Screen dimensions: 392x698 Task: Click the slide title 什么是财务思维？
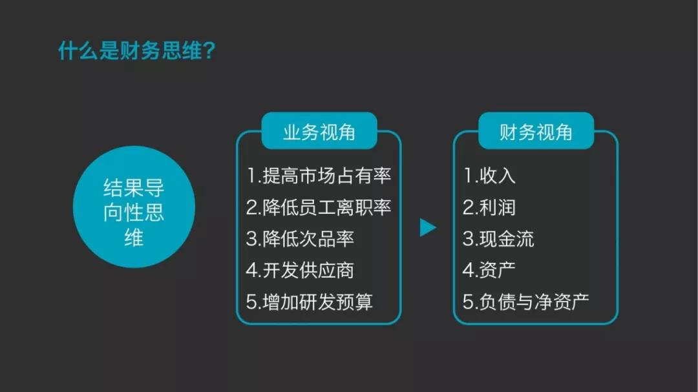tap(136, 51)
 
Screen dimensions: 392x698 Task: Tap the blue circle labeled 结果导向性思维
tap(134, 207)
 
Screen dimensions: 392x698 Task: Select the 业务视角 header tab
tap(319, 132)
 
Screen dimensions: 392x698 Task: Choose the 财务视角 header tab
tap(536, 132)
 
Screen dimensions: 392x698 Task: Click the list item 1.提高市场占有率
tap(319, 175)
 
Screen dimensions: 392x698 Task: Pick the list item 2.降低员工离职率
tap(319, 207)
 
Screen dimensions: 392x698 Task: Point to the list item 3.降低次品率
tap(300, 238)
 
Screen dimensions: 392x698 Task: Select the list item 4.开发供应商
tap(300, 270)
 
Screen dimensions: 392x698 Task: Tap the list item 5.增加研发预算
tap(309, 302)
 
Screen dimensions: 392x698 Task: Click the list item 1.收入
tap(489, 175)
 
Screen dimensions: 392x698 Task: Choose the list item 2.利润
tap(489, 207)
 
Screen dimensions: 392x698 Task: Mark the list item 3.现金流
tap(498, 238)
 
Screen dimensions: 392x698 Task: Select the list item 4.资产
tap(489, 270)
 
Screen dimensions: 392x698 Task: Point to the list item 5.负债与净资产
tap(526, 302)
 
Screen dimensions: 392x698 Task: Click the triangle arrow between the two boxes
tap(427, 227)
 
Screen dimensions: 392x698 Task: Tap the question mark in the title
tap(208, 51)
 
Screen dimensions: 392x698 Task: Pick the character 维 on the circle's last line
tap(134, 237)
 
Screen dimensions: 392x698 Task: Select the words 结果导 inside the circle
tap(134, 188)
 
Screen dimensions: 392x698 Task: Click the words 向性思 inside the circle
tap(134, 212)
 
